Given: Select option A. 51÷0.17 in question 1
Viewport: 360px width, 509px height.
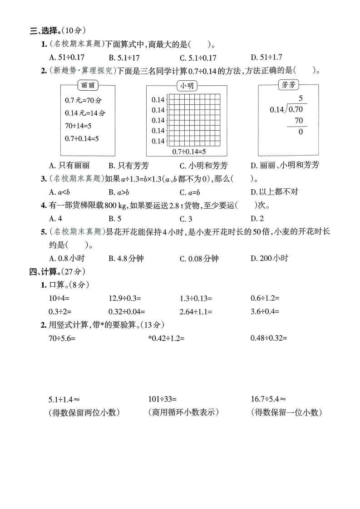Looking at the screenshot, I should click(67, 58).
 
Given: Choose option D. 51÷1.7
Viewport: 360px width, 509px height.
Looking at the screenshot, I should click(266, 58).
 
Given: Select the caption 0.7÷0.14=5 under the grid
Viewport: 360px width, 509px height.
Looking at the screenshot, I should click(189, 152).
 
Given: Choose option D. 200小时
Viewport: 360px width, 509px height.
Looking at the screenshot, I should click(269, 258).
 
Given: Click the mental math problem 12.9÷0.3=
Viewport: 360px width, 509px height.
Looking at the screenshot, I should click(125, 298).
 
